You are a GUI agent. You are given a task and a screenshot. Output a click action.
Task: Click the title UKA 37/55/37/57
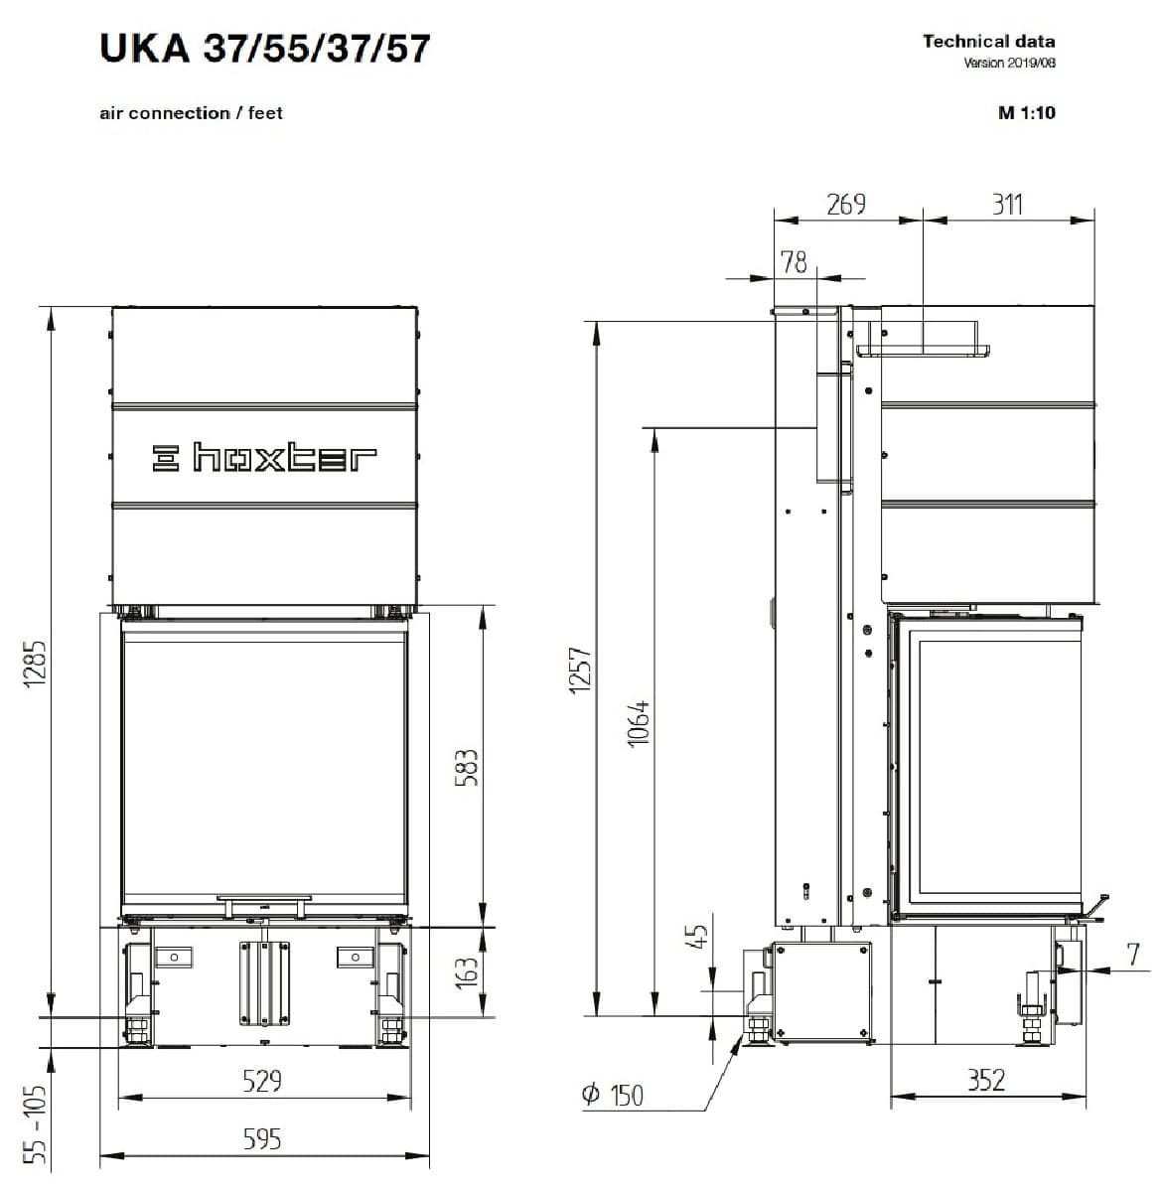264,49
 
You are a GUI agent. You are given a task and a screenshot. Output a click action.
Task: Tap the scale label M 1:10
1027,112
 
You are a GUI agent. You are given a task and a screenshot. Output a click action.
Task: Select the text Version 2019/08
1009,63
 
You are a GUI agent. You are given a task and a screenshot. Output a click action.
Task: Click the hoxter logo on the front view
264,458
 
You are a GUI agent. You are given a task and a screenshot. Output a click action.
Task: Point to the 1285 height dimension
36,665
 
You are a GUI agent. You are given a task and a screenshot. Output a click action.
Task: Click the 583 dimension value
467,768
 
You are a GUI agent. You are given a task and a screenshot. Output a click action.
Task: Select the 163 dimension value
467,971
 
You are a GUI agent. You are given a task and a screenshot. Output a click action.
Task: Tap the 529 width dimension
262,1081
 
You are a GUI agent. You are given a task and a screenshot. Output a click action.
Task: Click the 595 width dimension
262,1139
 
